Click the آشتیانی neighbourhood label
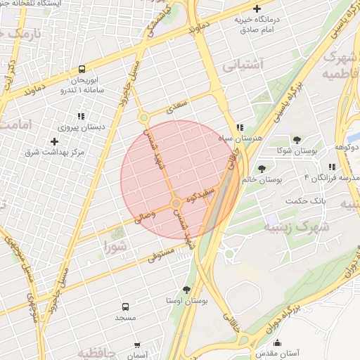(243, 65)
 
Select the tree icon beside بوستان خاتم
(262, 168)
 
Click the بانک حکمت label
(307, 202)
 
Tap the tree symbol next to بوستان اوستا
(186, 290)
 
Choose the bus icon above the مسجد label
(125, 307)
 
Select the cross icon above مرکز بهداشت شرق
(54, 141)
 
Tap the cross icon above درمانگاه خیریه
(257, 8)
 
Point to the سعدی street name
(179, 107)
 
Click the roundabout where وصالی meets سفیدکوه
(176, 204)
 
